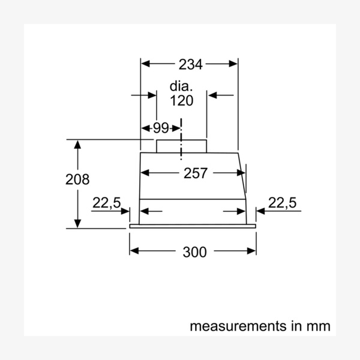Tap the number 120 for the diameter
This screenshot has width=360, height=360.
pos(181,100)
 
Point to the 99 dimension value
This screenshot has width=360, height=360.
pos(161,128)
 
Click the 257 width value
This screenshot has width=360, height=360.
pos(195,173)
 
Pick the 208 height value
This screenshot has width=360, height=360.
pos(77,179)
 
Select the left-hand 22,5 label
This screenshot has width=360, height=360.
pos(106,203)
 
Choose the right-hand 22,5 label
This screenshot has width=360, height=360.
pos(282,203)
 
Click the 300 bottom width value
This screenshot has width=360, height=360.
pos(194,252)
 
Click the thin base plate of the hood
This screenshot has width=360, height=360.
pos(193,226)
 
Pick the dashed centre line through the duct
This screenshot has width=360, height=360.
pos(181,141)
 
